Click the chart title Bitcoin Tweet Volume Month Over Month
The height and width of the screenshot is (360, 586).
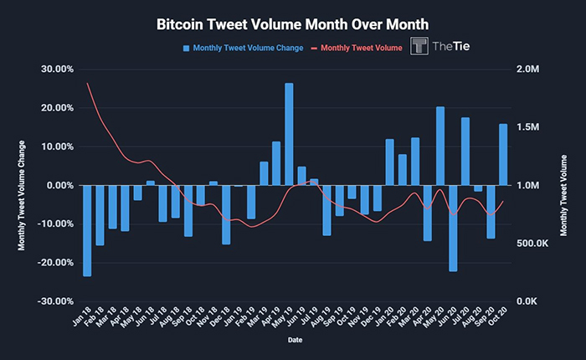[292, 24]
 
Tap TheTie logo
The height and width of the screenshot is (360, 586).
[439, 47]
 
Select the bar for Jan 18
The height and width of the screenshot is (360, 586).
[87, 230]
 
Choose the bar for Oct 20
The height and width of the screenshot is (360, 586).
[503, 154]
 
